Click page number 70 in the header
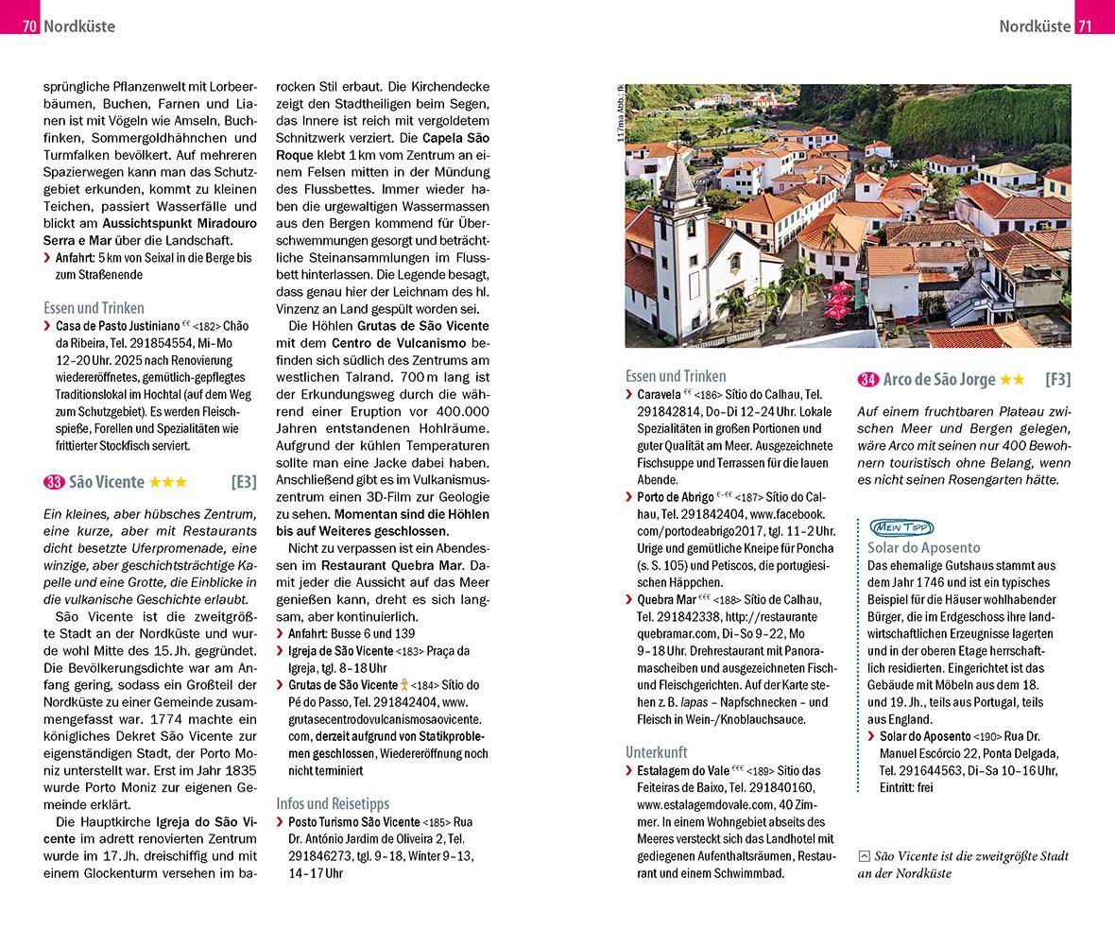(30, 26)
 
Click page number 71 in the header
(1084, 26)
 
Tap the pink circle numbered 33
(54, 482)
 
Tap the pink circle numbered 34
(867, 380)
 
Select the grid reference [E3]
(243, 482)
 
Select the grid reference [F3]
(1057, 380)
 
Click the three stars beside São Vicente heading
(168, 482)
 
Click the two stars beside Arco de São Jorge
(1012, 380)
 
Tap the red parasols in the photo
(838, 301)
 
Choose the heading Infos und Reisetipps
(332, 803)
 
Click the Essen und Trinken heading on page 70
(94, 307)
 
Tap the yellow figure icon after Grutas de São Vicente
(403, 685)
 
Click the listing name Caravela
(659, 394)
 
